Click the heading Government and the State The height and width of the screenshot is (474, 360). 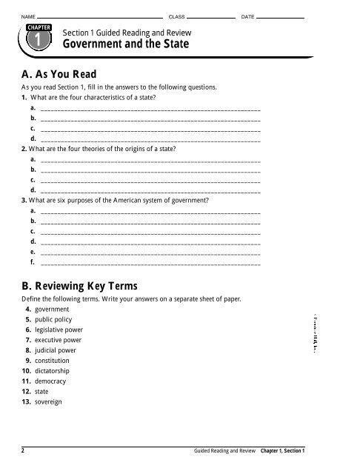126,45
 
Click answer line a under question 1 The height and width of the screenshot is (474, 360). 151,109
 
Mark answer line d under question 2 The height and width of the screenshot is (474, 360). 151,190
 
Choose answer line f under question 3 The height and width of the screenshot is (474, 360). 151,262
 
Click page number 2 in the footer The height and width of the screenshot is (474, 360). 23,450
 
